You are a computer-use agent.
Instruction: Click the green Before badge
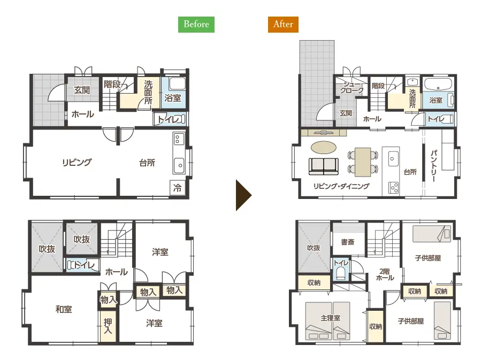click(x=196, y=24)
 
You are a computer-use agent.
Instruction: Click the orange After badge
click(x=283, y=24)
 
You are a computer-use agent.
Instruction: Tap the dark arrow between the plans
click(x=243, y=195)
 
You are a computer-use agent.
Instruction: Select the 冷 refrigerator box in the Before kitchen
click(x=177, y=188)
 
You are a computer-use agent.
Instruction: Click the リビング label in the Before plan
click(x=77, y=163)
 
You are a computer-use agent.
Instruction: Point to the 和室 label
click(x=64, y=309)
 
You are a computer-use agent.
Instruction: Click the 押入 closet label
click(x=108, y=326)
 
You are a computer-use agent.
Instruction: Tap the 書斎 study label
click(x=348, y=242)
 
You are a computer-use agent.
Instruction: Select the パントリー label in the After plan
click(x=434, y=166)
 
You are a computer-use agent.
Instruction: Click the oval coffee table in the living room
click(x=324, y=148)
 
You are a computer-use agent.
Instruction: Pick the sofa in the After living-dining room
click(x=324, y=166)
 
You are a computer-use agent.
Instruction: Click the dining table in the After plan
click(x=363, y=162)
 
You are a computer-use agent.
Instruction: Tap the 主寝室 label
click(x=330, y=318)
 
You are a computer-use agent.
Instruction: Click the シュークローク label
click(x=352, y=87)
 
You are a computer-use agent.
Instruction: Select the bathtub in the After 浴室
click(x=438, y=84)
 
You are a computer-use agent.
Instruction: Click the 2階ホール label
click(x=385, y=274)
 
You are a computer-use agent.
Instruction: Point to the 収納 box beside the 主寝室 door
click(x=375, y=326)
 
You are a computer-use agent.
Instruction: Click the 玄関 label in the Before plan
click(x=82, y=90)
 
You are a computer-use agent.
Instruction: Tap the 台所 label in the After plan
click(x=410, y=172)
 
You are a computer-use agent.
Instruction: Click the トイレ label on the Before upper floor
click(x=84, y=265)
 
